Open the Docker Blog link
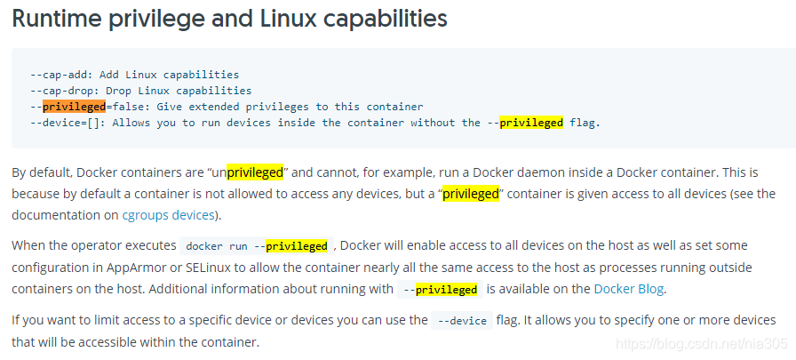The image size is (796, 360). (x=628, y=288)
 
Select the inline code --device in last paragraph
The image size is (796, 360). (x=461, y=321)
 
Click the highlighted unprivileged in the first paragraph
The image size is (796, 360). (x=255, y=172)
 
